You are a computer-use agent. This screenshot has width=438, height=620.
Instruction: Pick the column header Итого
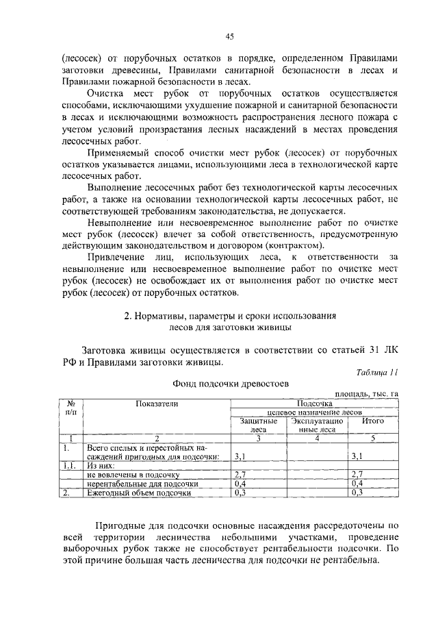point(372,421)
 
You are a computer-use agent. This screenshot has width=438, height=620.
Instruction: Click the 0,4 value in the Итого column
point(356,483)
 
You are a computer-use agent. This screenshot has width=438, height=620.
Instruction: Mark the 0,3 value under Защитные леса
point(240,492)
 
